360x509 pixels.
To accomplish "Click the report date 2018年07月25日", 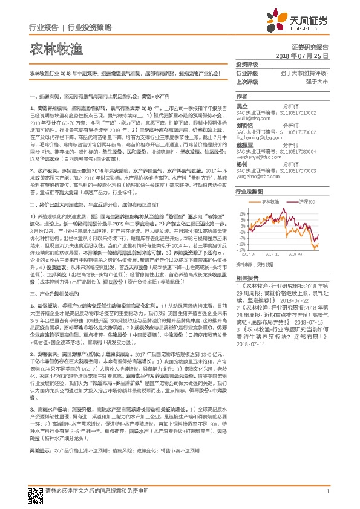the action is (306, 56).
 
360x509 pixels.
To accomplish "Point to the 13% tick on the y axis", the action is (242, 213).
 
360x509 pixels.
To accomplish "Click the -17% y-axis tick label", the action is (242, 250).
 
